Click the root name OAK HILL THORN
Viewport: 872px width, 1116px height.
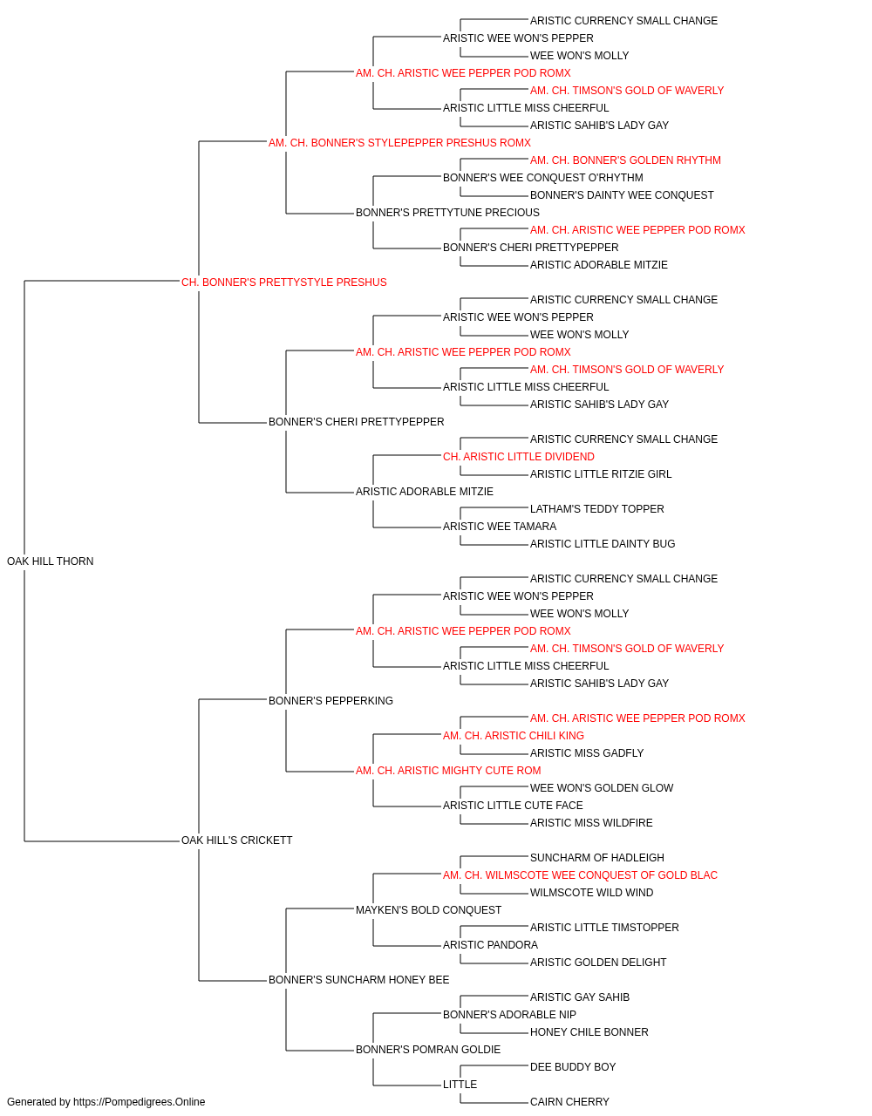(51, 561)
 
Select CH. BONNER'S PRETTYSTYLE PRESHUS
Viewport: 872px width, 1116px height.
(284, 282)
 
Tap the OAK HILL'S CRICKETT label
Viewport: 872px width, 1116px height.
(236, 840)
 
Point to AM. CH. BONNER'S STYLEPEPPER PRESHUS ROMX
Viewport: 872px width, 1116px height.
(399, 143)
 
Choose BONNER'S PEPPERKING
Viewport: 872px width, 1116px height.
(330, 700)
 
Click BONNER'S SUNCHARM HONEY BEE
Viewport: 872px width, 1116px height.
(359, 979)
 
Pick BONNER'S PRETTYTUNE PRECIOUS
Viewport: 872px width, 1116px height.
(448, 213)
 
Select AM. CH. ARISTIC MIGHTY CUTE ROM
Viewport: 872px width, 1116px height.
(448, 771)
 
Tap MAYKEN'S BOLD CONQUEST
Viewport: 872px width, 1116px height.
(429, 910)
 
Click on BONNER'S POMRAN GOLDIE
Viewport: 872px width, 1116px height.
(428, 1049)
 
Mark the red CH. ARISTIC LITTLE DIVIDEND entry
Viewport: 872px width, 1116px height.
(519, 457)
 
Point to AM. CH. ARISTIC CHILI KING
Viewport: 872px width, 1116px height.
(514, 736)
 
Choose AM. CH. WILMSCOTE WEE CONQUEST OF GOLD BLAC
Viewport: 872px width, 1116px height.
(580, 875)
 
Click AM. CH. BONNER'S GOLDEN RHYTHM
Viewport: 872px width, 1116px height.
(625, 160)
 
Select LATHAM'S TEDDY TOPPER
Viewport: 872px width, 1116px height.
(597, 509)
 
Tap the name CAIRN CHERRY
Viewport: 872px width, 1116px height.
(569, 1102)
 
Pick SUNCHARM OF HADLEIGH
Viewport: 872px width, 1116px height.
(597, 858)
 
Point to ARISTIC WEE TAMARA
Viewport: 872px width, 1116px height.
(500, 527)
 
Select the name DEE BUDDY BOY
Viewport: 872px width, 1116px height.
(573, 1066)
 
